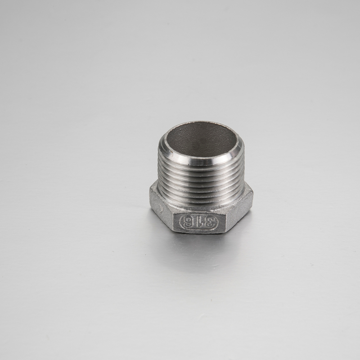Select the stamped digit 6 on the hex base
(x=188, y=222)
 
